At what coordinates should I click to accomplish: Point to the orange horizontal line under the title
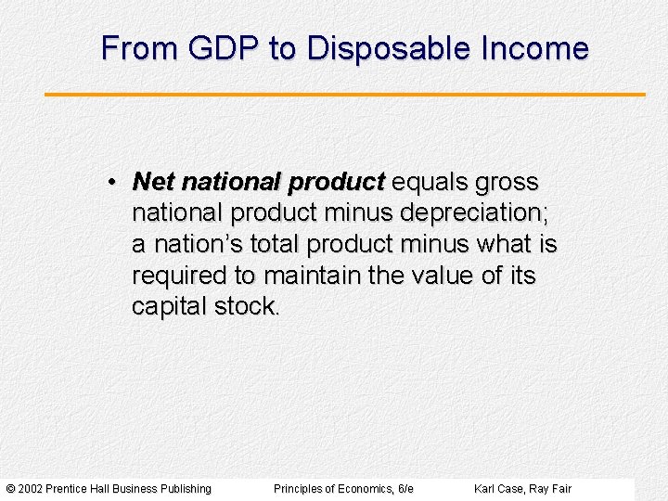[x=345, y=94]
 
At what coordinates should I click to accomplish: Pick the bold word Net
[x=152, y=181]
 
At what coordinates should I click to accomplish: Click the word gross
[x=507, y=183]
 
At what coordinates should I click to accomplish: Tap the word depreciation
[x=471, y=212]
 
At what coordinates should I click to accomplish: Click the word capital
[x=169, y=307]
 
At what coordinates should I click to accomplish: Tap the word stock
[x=245, y=307]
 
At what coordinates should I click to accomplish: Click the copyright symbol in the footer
[x=10, y=489]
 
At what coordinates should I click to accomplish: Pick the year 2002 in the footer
[x=30, y=489]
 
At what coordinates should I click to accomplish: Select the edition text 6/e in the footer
[x=405, y=489]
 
